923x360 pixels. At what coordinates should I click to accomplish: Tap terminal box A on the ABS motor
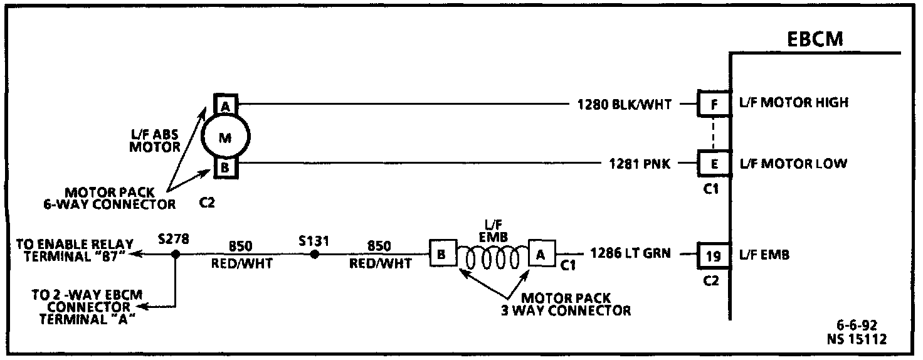click(x=224, y=103)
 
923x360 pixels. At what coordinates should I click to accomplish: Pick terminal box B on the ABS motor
click(x=224, y=168)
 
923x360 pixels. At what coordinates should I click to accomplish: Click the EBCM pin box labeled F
click(x=714, y=104)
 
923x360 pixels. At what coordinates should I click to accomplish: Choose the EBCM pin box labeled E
click(x=714, y=164)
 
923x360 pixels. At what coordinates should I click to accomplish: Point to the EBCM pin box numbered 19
click(x=714, y=255)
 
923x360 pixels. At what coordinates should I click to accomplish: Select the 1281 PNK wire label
click(x=640, y=164)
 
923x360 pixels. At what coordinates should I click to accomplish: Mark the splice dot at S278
click(x=176, y=254)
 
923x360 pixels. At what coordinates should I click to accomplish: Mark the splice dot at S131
click(x=315, y=254)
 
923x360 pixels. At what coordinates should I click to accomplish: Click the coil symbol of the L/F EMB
click(x=492, y=256)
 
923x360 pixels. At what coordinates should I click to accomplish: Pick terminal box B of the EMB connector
click(x=441, y=255)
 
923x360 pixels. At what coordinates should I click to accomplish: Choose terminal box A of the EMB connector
click(x=541, y=254)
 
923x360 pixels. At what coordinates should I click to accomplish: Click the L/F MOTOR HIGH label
click(x=794, y=103)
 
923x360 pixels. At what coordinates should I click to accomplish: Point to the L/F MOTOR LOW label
click(x=793, y=164)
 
